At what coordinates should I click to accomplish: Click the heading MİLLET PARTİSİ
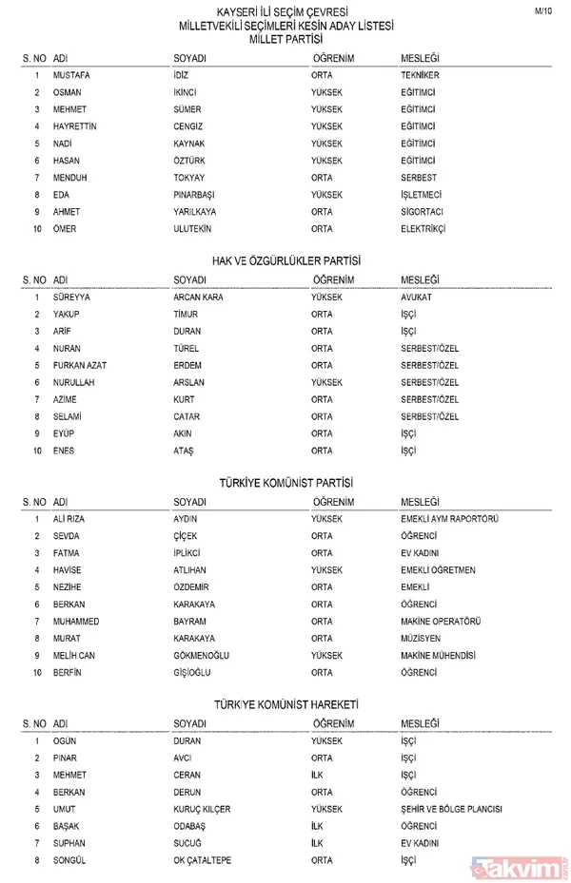(285, 41)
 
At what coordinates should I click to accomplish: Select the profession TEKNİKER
(420, 74)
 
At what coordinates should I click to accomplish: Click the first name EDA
(62, 194)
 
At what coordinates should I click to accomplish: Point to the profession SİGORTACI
(423, 211)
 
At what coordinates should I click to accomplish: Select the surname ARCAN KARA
(198, 297)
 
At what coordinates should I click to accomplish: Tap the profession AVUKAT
(416, 297)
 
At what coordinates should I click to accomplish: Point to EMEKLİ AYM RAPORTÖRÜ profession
(450, 519)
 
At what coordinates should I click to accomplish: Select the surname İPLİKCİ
(187, 553)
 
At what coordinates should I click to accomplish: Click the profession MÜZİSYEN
(421, 639)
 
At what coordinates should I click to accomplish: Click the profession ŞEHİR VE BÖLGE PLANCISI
(451, 810)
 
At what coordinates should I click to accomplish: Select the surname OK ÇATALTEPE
(202, 861)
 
